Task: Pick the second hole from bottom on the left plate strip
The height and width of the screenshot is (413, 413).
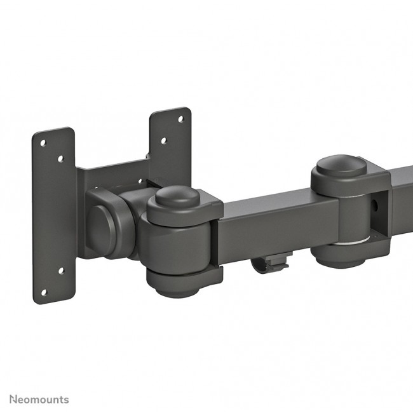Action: click(x=61, y=271)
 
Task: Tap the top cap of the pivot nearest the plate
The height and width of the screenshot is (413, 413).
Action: click(x=179, y=197)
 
